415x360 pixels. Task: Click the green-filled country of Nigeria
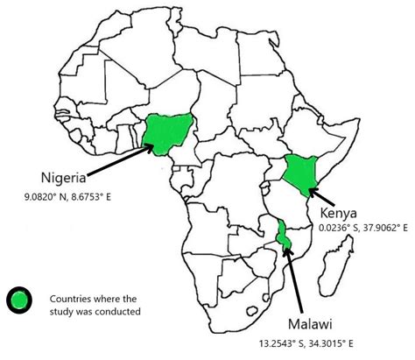pyautogui.click(x=165, y=132)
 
